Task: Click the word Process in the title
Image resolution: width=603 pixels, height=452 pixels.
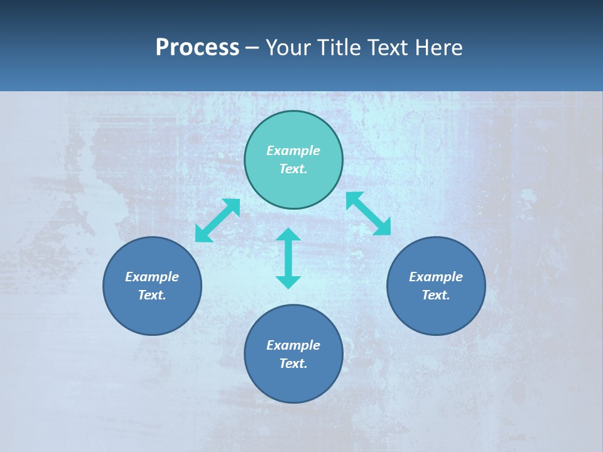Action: point(197,48)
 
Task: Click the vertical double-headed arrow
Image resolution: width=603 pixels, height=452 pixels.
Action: point(288,258)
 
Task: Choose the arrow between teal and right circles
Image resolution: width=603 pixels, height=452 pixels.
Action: point(369,213)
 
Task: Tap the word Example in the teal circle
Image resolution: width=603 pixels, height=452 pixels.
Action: point(293,151)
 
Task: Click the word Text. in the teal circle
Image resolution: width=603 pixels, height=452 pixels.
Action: point(293,169)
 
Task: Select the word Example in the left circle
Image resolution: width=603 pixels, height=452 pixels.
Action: point(152,277)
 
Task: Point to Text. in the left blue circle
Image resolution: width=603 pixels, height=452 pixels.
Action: point(152,295)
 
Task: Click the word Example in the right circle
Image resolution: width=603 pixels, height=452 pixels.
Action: point(436,277)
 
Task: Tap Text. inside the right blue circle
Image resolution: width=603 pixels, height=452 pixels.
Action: point(436,295)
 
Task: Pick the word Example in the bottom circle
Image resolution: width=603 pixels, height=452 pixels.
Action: point(293,345)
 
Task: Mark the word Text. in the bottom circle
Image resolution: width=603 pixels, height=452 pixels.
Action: point(293,363)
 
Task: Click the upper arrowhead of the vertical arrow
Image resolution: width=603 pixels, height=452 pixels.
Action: point(288,235)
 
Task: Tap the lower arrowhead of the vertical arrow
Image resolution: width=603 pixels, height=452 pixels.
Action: point(288,282)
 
